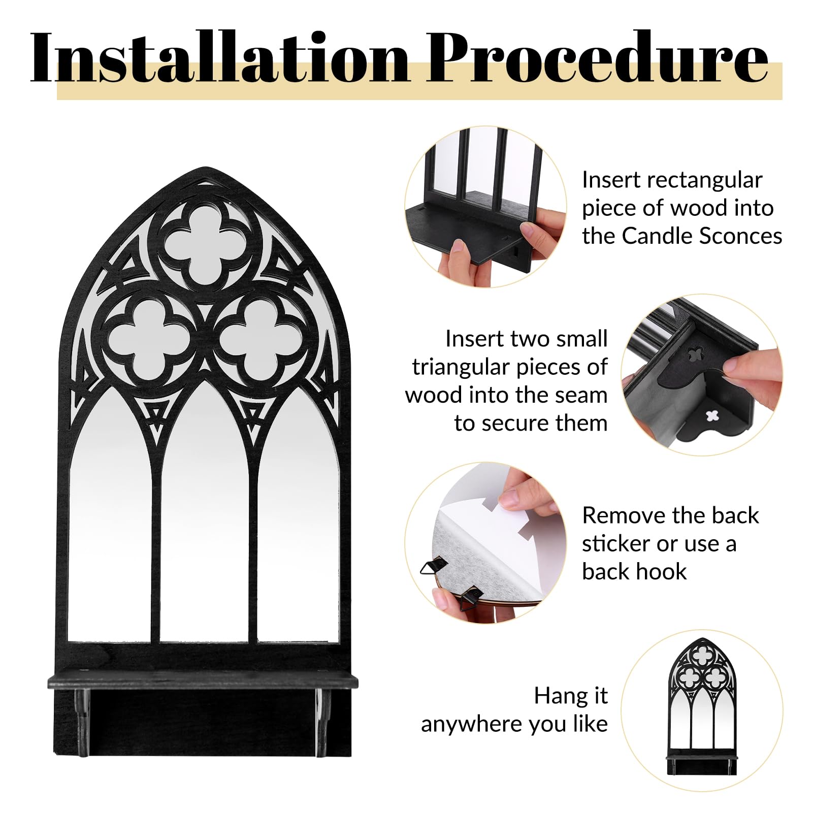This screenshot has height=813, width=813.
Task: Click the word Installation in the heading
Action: [219, 57]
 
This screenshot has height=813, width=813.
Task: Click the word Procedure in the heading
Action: [597, 57]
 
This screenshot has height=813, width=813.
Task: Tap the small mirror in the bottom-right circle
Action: [701, 706]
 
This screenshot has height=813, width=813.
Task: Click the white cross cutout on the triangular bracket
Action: [712, 416]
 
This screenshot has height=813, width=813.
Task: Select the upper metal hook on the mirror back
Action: [434, 566]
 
